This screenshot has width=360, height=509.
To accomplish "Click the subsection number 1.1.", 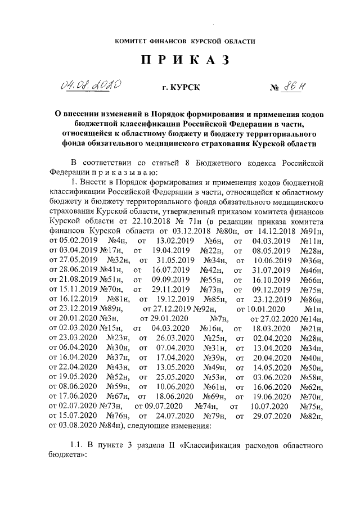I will (79, 445).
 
